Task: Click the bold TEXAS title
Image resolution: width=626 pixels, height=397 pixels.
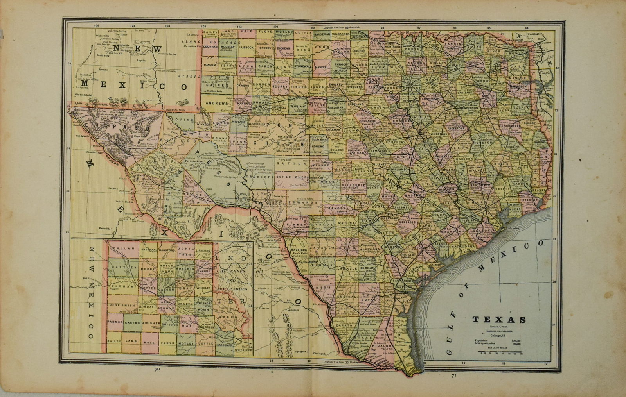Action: (499, 319)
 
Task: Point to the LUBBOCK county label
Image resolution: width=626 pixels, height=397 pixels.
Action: (246, 47)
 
